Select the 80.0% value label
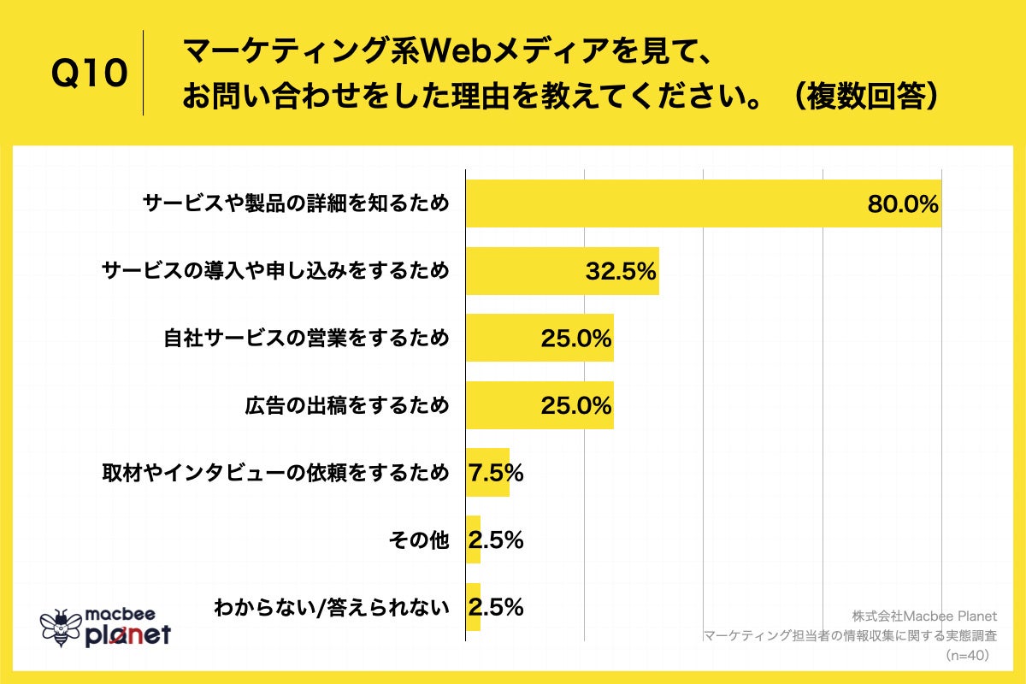(903, 204)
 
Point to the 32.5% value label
(621, 272)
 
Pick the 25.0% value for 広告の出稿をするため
(576, 405)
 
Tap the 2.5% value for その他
(496, 540)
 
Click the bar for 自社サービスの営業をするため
(539, 339)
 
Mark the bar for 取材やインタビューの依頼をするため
(487, 473)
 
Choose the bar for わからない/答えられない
(473, 607)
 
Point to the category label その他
(418, 540)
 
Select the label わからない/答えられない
(332, 608)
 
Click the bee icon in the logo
(60, 627)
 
